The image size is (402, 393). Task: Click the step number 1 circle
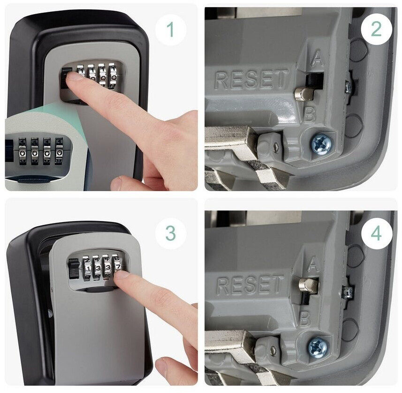point(170,30)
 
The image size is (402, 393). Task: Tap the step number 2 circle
point(376,30)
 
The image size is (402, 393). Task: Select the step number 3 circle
point(170,233)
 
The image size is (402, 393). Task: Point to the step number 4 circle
point(376,233)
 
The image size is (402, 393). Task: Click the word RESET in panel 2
point(251,79)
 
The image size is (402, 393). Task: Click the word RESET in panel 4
point(250,285)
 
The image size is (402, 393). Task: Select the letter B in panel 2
point(310,115)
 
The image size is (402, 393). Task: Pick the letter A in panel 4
point(313,264)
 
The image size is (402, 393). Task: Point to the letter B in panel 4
point(305,319)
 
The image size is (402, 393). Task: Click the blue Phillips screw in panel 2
point(322,145)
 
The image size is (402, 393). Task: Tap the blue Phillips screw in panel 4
point(318,347)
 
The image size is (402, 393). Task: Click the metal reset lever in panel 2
point(305,93)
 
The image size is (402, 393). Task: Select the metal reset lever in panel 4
point(309,285)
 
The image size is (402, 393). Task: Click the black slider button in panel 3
point(74,269)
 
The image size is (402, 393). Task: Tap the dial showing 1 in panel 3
point(87,268)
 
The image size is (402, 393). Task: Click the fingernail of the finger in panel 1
point(73,76)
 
